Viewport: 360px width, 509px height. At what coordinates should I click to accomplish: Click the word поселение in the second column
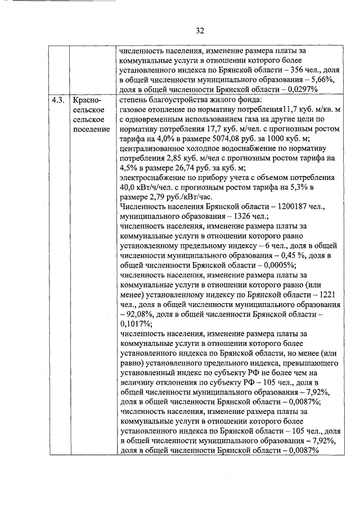coord(91,129)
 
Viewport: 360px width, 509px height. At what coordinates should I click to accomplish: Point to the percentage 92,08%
coord(137,314)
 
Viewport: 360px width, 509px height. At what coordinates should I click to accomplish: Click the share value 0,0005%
coord(225,265)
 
